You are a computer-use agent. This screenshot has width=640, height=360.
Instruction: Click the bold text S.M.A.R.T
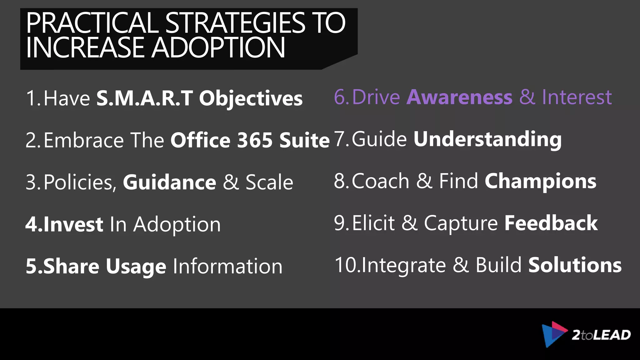[x=145, y=98]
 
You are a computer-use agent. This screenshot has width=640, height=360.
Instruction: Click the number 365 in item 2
[x=255, y=140]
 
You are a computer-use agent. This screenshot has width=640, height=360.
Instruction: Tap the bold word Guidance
[x=169, y=182]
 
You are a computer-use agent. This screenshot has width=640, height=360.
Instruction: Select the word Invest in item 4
[x=73, y=224]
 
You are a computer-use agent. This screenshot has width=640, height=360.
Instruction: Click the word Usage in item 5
[x=136, y=267]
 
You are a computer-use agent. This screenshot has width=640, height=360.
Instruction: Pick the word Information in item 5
[x=227, y=267]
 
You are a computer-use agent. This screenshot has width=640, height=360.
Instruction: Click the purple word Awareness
[x=459, y=97]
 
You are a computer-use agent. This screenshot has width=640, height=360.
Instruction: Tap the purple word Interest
[x=577, y=97]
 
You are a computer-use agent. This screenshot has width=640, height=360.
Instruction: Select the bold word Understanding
[x=487, y=139]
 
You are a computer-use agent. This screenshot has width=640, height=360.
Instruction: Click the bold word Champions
[x=540, y=181]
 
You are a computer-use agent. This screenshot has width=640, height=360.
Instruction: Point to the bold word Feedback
[x=551, y=223]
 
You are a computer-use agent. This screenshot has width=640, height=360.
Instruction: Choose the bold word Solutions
[x=575, y=265]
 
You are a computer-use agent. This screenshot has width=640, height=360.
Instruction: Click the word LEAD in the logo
[x=612, y=335]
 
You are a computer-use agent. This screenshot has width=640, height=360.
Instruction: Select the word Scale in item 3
[x=269, y=182]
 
